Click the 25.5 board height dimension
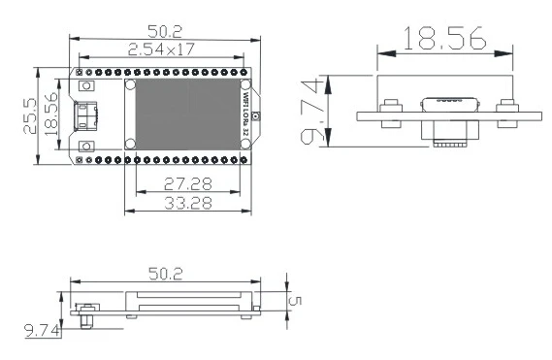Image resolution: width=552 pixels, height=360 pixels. pos(30,115)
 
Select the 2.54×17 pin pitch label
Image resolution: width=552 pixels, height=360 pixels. pos(161,49)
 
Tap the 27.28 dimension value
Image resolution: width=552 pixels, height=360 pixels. pos(188,183)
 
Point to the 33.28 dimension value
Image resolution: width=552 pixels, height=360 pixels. pos(188,203)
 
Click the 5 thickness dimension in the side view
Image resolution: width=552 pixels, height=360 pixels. pos(295,301)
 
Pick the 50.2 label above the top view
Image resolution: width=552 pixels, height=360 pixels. pos(165,31)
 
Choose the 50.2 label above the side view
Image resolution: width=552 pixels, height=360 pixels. pos(166,274)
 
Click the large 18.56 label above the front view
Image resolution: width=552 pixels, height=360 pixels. pos(444,38)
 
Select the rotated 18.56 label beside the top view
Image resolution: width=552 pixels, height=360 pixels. pos(51,115)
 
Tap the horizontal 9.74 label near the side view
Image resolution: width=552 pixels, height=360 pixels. pos(42,331)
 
